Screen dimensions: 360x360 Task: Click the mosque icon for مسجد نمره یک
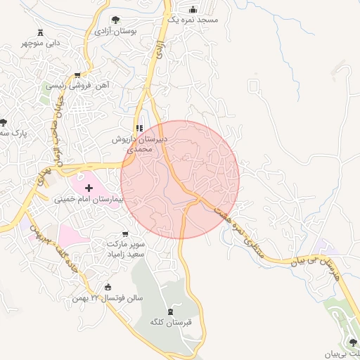tap(193, 9)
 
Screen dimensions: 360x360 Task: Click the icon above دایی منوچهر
tap(39, 32)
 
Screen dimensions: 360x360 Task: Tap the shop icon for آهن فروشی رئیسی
tap(77, 75)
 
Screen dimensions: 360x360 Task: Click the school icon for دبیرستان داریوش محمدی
tap(139, 128)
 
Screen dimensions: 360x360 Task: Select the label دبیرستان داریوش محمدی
tap(141, 145)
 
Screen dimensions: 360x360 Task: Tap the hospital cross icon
tap(89, 188)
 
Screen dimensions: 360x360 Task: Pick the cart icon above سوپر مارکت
tap(125, 233)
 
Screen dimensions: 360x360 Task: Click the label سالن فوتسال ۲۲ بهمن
tap(106, 298)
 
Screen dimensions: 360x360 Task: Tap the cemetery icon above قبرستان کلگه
tap(169, 311)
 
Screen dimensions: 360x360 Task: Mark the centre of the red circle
tap(180, 180)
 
